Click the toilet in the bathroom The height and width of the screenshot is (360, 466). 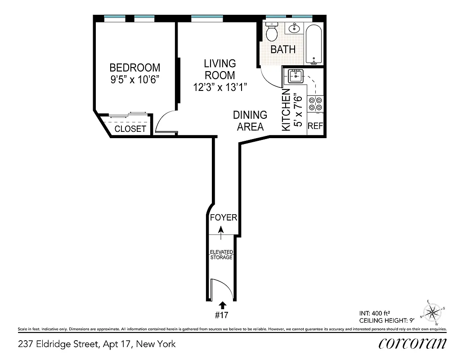[272, 31]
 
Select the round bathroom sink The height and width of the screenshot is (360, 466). [295, 28]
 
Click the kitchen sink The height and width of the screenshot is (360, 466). [296, 76]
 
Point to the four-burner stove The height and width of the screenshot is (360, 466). [314, 104]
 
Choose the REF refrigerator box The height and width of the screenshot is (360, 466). [315, 126]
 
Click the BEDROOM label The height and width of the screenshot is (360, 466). [135, 68]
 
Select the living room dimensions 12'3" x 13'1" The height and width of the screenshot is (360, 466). [220, 87]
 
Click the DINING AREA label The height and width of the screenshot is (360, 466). [250, 121]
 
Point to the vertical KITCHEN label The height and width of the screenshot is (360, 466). [286, 110]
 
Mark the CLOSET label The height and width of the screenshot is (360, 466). [130, 129]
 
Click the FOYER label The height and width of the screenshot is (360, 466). [224, 218]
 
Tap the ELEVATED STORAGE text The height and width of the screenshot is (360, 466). [221, 255]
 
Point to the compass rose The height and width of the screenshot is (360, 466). [433, 311]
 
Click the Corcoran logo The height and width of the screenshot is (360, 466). [412, 343]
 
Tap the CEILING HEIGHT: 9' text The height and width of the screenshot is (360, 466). [386, 320]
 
